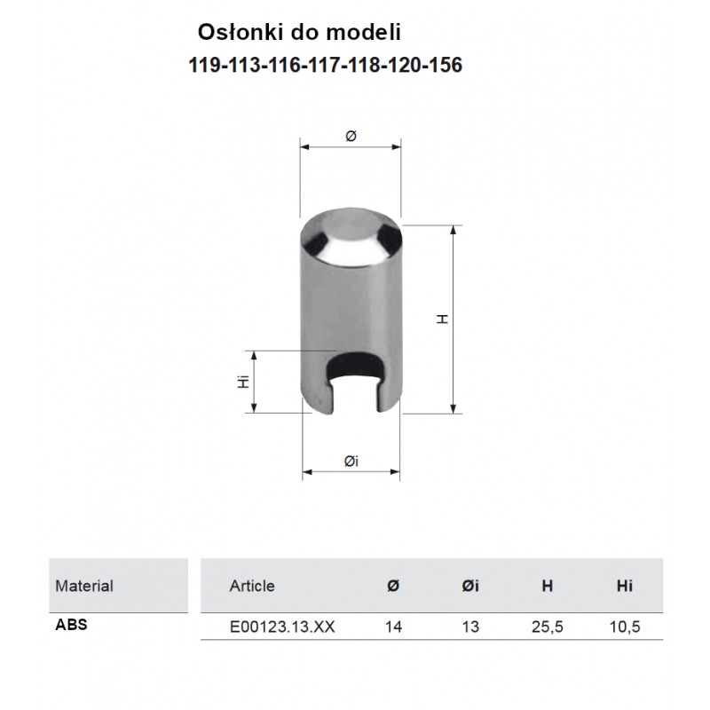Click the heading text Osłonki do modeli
299,32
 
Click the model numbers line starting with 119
326,66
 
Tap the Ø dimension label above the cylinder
350,135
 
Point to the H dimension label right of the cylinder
442,319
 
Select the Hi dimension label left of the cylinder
241,383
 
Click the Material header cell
84,586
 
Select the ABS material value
71,624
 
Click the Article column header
252,586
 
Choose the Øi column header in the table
470,586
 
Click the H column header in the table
548,586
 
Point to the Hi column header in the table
625,586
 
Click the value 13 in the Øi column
470,627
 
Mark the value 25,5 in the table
548,627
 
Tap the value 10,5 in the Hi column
625,627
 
